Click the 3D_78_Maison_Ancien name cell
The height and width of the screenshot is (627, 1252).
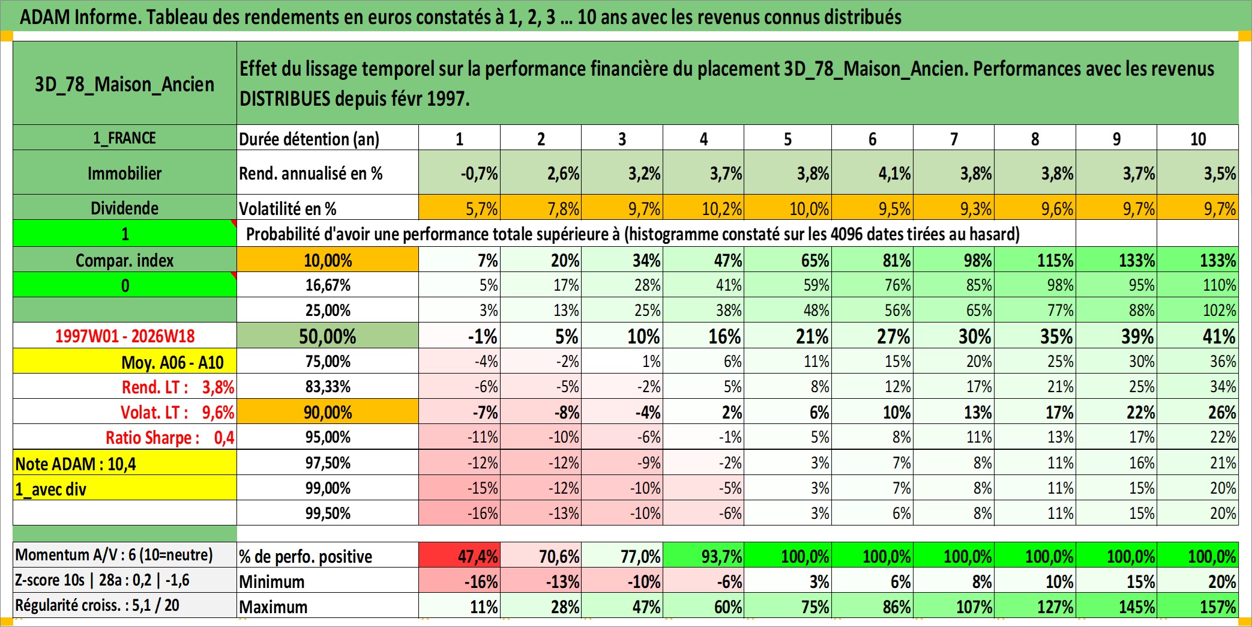click(x=125, y=83)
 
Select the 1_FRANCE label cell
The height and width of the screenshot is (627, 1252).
click(x=125, y=138)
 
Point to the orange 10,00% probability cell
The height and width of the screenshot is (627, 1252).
click(x=328, y=259)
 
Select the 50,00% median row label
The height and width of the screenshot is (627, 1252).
click(x=328, y=336)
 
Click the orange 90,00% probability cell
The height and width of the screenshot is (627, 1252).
click(x=328, y=412)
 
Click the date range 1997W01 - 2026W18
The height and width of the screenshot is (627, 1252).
click(x=125, y=336)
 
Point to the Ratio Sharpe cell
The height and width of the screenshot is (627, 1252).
click(x=125, y=437)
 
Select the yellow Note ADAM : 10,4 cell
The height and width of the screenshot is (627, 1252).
click(x=125, y=463)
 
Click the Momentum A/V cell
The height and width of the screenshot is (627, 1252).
click(x=125, y=554)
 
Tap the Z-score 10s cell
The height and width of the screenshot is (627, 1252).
click(x=125, y=580)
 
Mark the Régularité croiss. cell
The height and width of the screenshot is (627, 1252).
click(x=125, y=605)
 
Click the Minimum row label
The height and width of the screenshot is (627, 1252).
click(x=328, y=581)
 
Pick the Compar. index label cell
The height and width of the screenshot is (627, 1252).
click(x=125, y=259)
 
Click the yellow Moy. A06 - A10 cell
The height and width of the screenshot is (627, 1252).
click(x=125, y=361)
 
